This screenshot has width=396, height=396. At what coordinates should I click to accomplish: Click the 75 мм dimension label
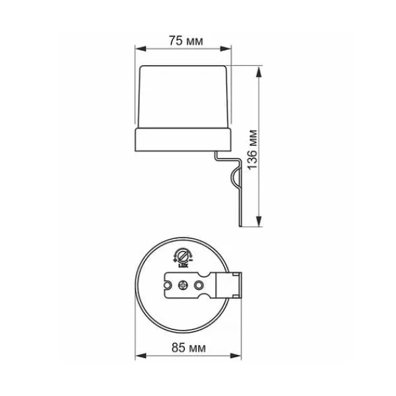tap(185, 41)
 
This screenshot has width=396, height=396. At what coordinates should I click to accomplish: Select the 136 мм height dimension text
tap(253, 150)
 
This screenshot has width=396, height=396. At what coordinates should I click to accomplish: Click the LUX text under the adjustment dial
tap(182, 265)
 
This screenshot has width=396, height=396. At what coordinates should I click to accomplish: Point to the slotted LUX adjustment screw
tap(182, 257)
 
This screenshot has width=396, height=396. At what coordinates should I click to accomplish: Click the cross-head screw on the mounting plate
tap(183, 285)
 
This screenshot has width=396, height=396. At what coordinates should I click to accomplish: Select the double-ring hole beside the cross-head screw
tap(199, 285)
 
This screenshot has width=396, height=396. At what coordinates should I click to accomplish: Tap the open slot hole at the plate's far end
tap(168, 285)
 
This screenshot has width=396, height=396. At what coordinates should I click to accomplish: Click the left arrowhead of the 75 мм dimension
tap(141, 49)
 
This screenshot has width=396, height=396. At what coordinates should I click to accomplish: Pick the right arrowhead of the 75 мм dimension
tap(226, 49)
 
